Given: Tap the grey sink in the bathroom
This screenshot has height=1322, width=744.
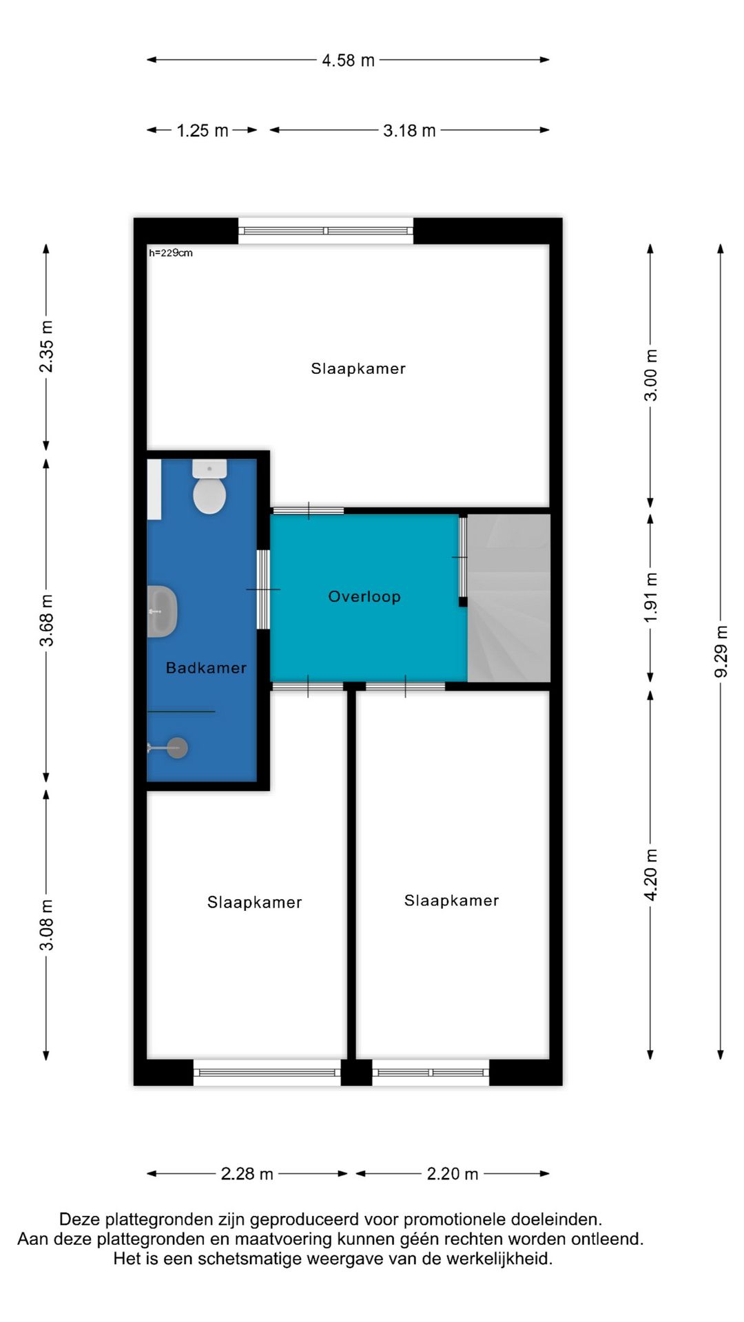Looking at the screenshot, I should pos(163,611).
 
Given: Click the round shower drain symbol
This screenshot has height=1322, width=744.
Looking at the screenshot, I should pos(178,748).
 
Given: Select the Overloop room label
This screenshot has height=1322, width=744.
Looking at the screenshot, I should pos(364,597).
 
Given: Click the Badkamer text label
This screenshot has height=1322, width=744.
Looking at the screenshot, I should pos(206,668).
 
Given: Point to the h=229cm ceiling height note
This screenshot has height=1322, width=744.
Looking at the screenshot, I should pos(171,253).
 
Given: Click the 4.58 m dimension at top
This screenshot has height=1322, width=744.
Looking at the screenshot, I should pos(348,61).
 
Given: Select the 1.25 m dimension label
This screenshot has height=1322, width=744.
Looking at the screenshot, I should pos(202,131).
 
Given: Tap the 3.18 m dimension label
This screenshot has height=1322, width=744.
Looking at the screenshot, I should pos(409,131).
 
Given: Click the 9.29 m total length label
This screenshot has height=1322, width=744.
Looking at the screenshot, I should pos(721,651).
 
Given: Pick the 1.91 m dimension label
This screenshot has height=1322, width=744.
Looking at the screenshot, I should pos(651,598).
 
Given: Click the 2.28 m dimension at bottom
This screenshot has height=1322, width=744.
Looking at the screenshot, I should pos(247,1174).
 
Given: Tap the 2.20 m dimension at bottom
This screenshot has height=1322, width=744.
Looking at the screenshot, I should pos(452,1174).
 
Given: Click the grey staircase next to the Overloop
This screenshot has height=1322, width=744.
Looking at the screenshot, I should pos(508,598).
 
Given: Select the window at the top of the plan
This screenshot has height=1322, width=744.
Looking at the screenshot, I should pos(326,231).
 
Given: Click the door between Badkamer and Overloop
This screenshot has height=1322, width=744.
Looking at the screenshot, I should pos(263,589).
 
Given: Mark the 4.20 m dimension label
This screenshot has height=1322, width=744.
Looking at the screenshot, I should pos(651,875).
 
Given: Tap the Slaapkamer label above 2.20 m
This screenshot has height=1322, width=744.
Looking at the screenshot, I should pos(451,901).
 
